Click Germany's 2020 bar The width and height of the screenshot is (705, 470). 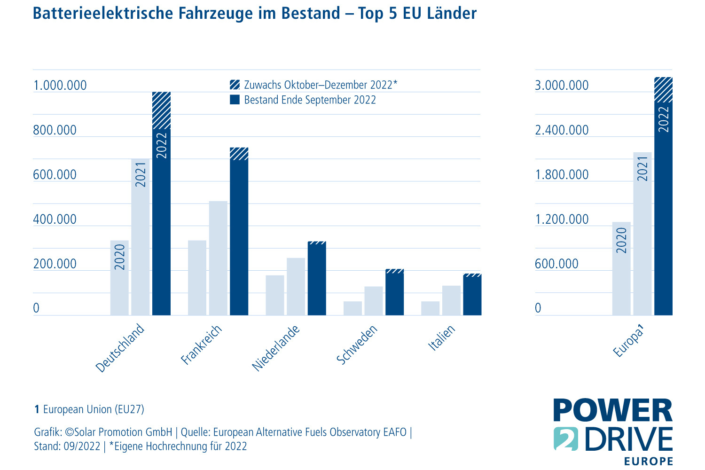(119, 277)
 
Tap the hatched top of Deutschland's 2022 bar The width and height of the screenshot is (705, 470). (161, 110)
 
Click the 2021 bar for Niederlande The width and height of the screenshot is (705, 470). (296, 286)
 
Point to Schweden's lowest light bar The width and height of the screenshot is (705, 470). (352, 308)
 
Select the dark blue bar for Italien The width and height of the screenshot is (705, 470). (472, 296)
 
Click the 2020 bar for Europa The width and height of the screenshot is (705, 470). (621, 268)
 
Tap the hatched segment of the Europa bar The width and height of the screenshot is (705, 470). (663, 89)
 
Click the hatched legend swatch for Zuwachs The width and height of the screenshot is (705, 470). (235, 85)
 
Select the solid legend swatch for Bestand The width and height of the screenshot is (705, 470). (235, 100)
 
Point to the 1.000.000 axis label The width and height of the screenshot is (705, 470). (60, 86)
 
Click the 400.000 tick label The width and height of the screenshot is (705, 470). (55, 219)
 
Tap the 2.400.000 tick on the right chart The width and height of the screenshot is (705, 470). (562, 130)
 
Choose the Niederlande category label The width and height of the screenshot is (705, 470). (276, 348)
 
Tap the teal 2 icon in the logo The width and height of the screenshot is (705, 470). (566, 439)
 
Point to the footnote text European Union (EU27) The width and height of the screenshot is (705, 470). (94, 409)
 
